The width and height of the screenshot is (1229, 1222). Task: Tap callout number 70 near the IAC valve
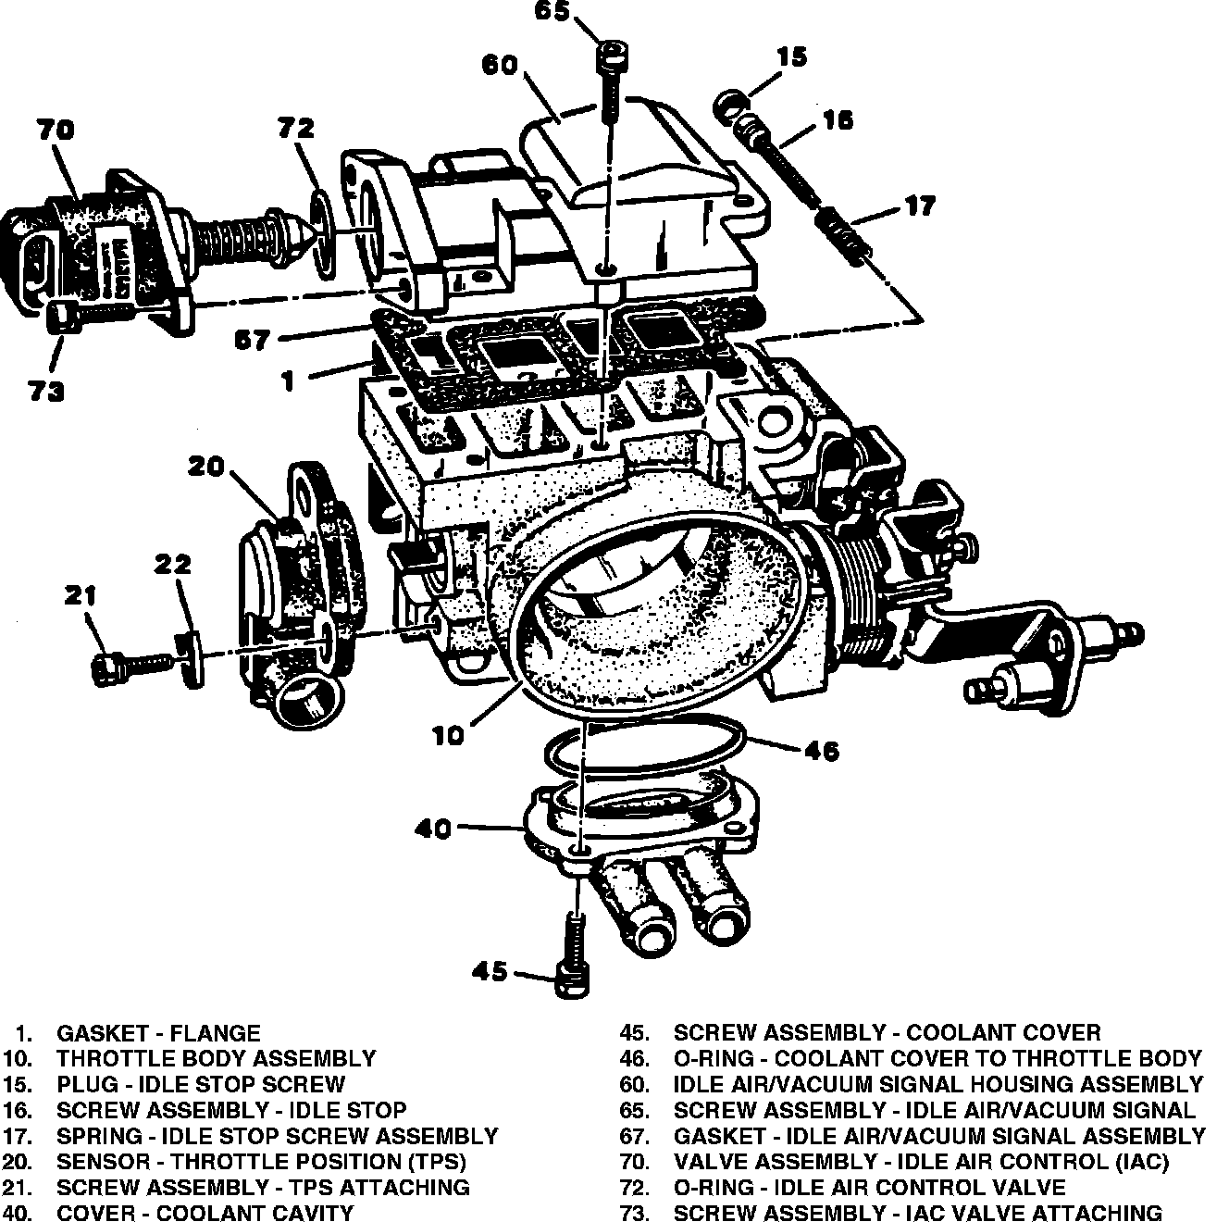(x=56, y=130)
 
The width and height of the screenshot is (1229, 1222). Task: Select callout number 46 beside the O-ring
(x=821, y=750)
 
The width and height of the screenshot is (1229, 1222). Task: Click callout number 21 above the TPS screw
(x=81, y=595)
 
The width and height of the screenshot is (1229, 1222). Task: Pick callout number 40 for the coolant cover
(x=432, y=828)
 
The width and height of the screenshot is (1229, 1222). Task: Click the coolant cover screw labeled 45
(x=574, y=963)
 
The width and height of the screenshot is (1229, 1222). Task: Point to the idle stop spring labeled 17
(x=844, y=236)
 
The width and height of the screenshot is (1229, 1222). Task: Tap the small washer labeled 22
(x=190, y=659)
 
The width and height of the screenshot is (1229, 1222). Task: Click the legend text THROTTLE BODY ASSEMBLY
(x=217, y=1058)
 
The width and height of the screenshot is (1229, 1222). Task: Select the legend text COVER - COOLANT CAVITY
(x=205, y=1212)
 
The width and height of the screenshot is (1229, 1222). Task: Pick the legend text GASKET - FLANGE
(x=159, y=1032)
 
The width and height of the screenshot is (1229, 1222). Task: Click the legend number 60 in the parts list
(x=635, y=1084)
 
